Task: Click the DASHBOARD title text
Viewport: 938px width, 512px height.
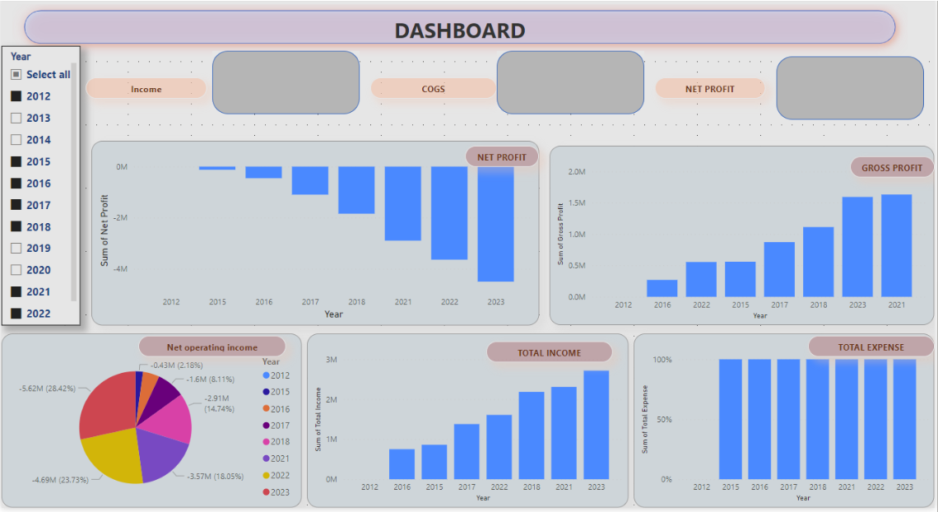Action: (459, 30)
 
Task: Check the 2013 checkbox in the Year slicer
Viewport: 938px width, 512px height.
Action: (16, 118)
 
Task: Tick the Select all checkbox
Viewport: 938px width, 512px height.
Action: (16, 74)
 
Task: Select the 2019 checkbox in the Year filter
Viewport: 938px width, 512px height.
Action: (16, 248)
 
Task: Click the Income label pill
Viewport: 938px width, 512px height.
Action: (146, 89)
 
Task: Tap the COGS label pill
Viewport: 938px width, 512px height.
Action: (433, 89)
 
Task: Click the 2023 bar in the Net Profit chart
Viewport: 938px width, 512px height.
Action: (495, 224)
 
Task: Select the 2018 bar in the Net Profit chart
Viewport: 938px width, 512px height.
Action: (356, 190)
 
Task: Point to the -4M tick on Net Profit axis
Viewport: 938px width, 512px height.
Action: (121, 269)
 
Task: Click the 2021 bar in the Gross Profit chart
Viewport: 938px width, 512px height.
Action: (896, 245)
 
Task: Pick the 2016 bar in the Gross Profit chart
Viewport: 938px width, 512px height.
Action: (662, 288)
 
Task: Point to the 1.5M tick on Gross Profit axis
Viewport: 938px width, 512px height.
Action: (576, 203)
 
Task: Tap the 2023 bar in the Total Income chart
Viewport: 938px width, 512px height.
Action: (596, 425)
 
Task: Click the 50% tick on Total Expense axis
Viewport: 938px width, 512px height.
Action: (662, 419)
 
